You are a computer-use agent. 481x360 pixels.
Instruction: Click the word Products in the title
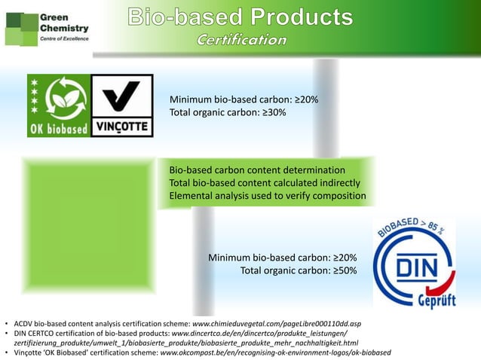(x=302, y=16)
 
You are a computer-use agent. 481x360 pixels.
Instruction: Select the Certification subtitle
(x=241, y=39)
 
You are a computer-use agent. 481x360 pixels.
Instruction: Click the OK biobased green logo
(x=58, y=105)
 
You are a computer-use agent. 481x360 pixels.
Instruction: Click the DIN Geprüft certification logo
(x=415, y=264)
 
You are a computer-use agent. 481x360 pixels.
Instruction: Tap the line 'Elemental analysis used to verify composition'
(x=268, y=197)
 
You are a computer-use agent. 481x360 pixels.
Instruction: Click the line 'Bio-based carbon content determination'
(x=257, y=169)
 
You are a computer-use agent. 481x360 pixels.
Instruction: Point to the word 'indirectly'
(x=339, y=183)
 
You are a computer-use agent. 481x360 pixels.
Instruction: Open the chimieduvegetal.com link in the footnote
(x=277, y=323)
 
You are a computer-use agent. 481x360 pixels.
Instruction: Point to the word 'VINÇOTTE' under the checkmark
(x=121, y=126)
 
